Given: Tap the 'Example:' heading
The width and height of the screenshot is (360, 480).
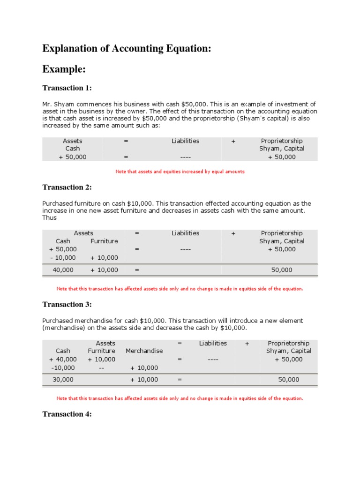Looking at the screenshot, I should (x=64, y=69).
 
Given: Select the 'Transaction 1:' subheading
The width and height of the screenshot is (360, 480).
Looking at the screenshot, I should (x=67, y=88).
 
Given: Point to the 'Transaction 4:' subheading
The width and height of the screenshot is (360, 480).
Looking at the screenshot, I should (x=67, y=414).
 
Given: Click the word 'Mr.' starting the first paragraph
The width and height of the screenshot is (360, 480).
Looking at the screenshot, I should (x=47, y=104).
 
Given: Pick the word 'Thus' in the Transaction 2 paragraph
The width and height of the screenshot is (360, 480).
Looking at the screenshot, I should (x=49, y=218).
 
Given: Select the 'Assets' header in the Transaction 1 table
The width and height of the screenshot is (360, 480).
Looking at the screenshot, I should (x=73, y=141).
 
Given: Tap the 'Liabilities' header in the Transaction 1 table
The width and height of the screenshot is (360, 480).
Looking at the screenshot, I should (x=185, y=141).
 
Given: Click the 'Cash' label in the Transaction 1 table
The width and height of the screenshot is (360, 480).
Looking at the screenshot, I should (x=73, y=149).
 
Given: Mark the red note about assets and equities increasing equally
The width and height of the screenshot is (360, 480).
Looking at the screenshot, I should (x=180, y=172).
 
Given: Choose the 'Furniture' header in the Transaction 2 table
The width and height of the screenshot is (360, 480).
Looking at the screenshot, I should (x=104, y=241).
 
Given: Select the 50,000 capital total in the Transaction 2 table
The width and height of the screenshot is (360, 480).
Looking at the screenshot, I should (x=282, y=270).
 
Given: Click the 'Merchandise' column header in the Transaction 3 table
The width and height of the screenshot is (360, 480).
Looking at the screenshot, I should (x=144, y=351).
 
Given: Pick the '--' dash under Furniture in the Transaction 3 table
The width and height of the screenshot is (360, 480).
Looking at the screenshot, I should (x=101, y=368).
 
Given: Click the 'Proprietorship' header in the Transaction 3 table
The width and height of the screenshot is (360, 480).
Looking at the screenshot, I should (x=288, y=344).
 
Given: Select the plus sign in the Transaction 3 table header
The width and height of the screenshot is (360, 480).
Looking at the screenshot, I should (x=247, y=344).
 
